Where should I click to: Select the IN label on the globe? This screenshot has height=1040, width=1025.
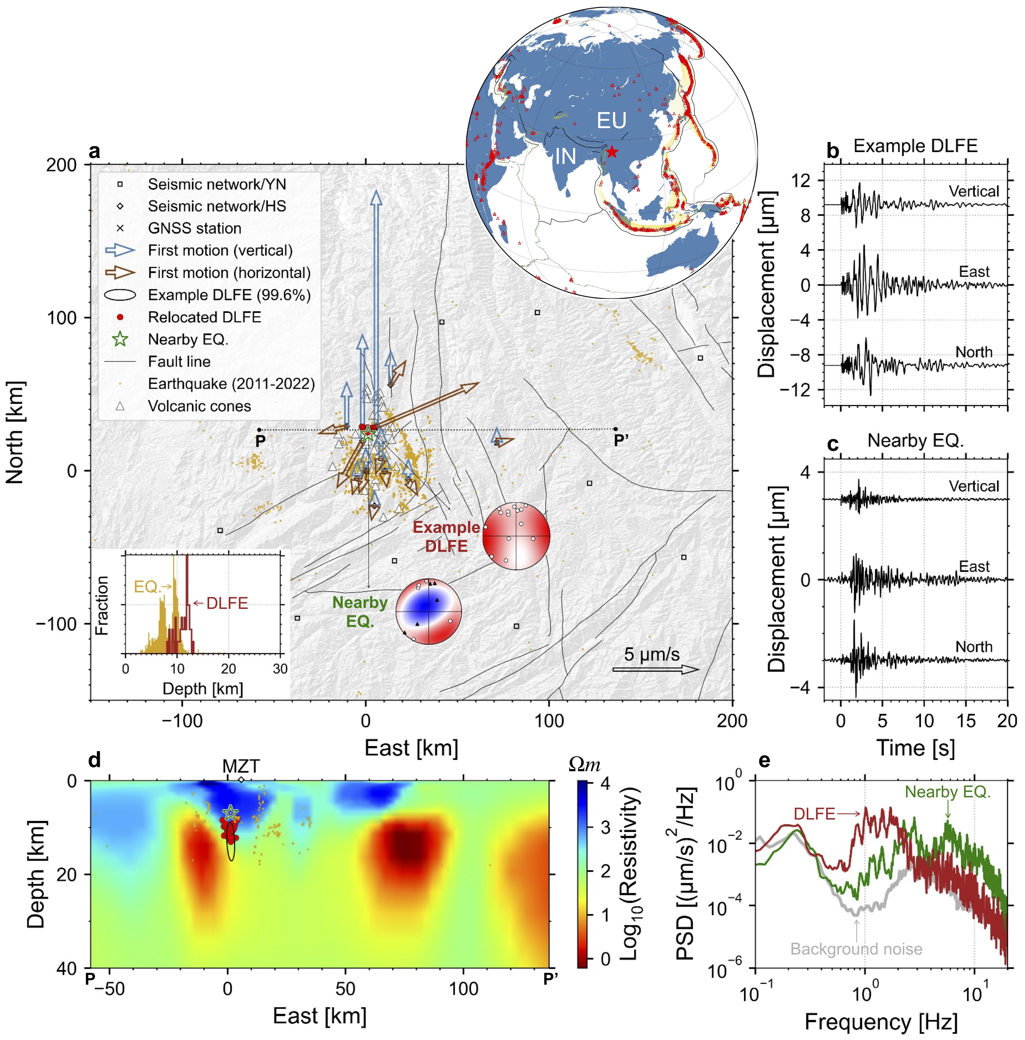pyautogui.click(x=565, y=157)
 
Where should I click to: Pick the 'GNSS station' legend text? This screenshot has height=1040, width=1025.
pyautogui.click(x=194, y=228)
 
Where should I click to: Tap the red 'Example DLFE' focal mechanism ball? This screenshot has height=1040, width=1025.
pyautogui.click(x=516, y=536)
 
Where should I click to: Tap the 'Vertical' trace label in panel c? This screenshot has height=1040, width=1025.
pyautogui.click(x=973, y=486)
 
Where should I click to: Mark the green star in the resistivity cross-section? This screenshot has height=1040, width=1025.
pyautogui.click(x=230, y=812)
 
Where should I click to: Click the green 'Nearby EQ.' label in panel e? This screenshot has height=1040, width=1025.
pyautogui.click(x=948, y=792)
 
